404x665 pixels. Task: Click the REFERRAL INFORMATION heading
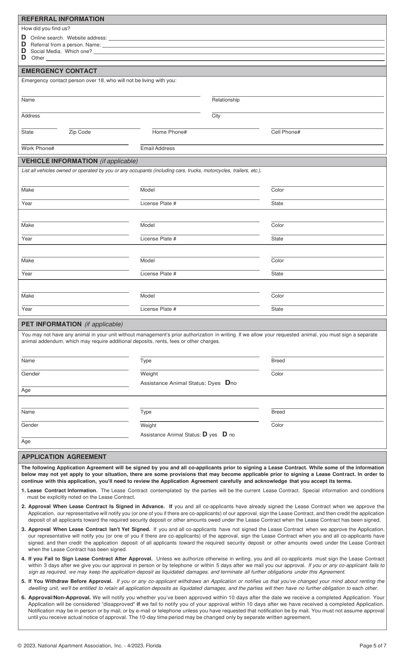click(63, 19)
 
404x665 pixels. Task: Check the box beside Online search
click(24, 37)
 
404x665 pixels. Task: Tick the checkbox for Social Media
click(24, 51)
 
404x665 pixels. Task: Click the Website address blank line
click(246, 38)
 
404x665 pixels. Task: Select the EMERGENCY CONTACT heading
click(59, 71)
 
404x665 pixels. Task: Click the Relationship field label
click(226, 100)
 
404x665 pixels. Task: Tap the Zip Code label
click(80, 132)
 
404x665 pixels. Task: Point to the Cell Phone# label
click(286, 132)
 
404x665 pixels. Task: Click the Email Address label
click(157, 149)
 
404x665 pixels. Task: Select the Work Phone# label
click(38, 149)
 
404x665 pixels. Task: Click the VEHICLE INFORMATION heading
click(60, 161)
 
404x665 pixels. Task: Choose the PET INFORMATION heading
click(51, 325)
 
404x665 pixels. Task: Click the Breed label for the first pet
click(278, 361)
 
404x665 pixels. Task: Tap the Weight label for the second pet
click(148, 426)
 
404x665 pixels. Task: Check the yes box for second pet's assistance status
click(205, 434)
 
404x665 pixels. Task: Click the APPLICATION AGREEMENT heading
click(64, 457)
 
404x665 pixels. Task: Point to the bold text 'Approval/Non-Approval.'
click(60, 597)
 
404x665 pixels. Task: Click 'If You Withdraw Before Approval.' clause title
click(70, 582)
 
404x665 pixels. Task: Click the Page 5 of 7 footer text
click(373, 646)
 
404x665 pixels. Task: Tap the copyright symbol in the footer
click(20, 646)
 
